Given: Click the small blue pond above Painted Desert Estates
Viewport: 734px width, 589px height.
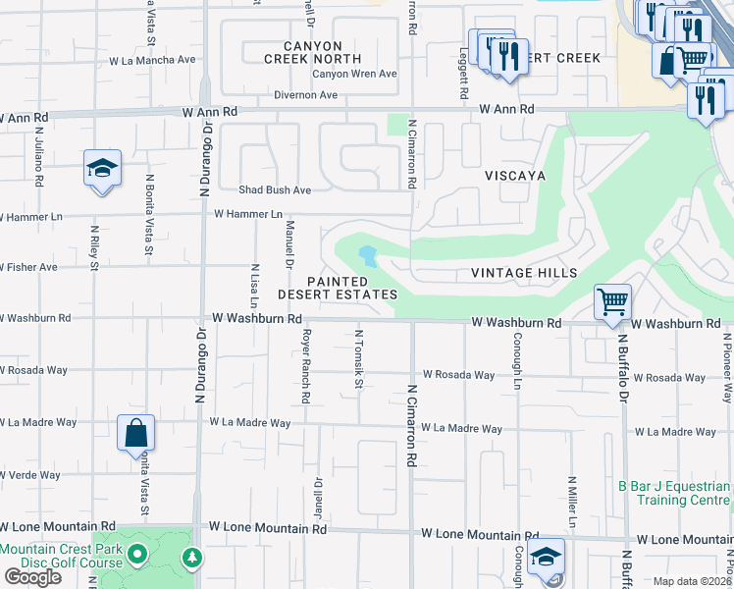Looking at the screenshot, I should point(368,257).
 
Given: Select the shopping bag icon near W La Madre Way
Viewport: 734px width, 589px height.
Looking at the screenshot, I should point(135,432).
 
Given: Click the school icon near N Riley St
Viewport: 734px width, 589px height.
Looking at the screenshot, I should point(102,168).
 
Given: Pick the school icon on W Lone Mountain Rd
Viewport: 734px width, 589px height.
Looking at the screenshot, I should point(546,557).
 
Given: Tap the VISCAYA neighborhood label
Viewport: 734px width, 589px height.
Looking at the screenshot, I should point(514,175).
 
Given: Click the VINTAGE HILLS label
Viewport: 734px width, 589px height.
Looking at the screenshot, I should point(524,273).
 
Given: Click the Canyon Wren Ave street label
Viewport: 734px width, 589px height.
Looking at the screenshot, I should point(354,74).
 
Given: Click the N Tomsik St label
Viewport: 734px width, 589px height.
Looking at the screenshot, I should point(359,358).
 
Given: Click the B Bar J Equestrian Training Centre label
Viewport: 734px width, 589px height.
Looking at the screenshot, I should point(674,493).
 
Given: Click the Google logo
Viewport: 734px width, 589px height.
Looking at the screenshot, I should point(32,577).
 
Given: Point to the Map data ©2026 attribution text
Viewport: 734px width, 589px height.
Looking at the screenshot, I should point(692,581).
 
